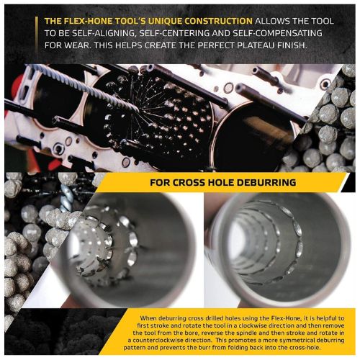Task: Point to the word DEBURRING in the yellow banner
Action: (x=266, y=183)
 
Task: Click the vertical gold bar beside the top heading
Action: (x=36, y=33)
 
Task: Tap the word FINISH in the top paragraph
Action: (x=291, y=45)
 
